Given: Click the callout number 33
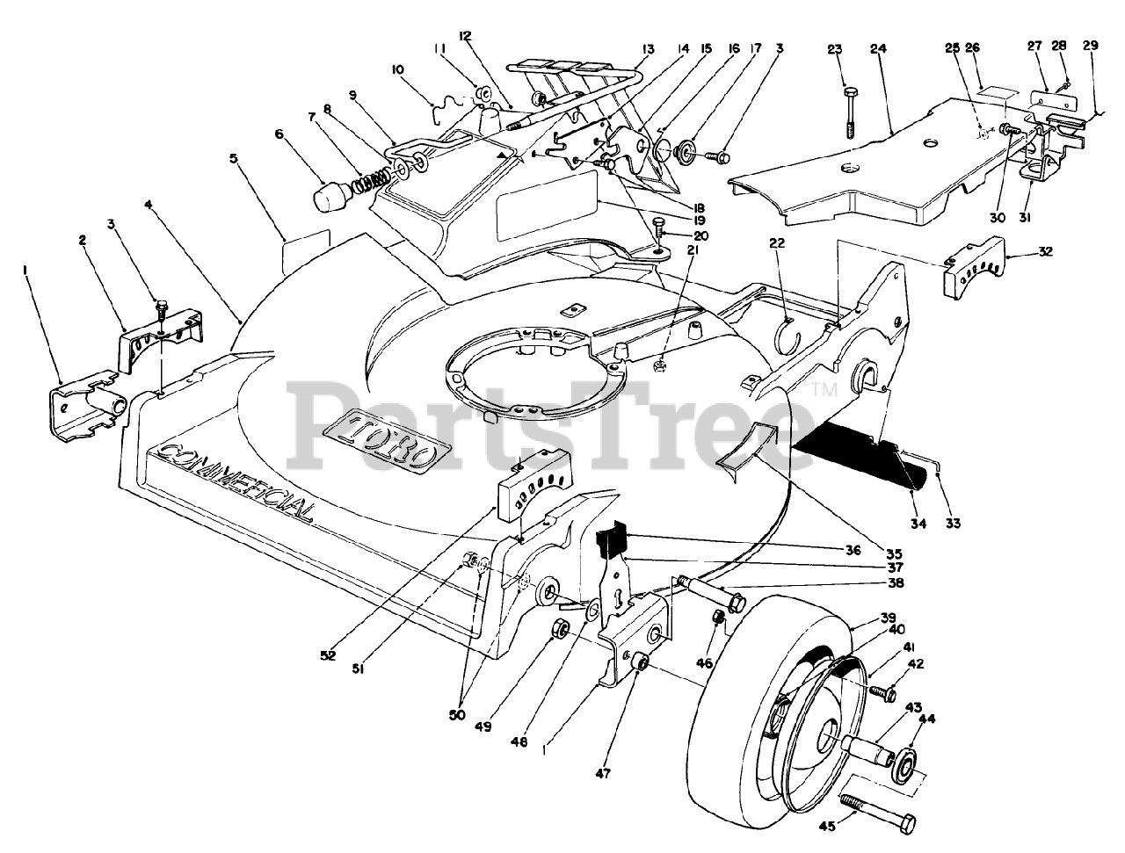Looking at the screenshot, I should tap(952, 524).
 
